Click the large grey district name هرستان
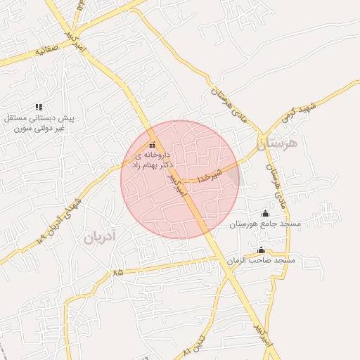(278, 146)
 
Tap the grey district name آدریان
(104, 236)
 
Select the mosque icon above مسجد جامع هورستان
(265, 213)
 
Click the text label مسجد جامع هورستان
(265, 224)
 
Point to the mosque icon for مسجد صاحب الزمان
(261, 250)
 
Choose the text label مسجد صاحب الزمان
(261, 260)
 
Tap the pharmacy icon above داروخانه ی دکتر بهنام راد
(153, 145)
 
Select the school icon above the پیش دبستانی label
(39, 107)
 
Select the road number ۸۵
(117, 272)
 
